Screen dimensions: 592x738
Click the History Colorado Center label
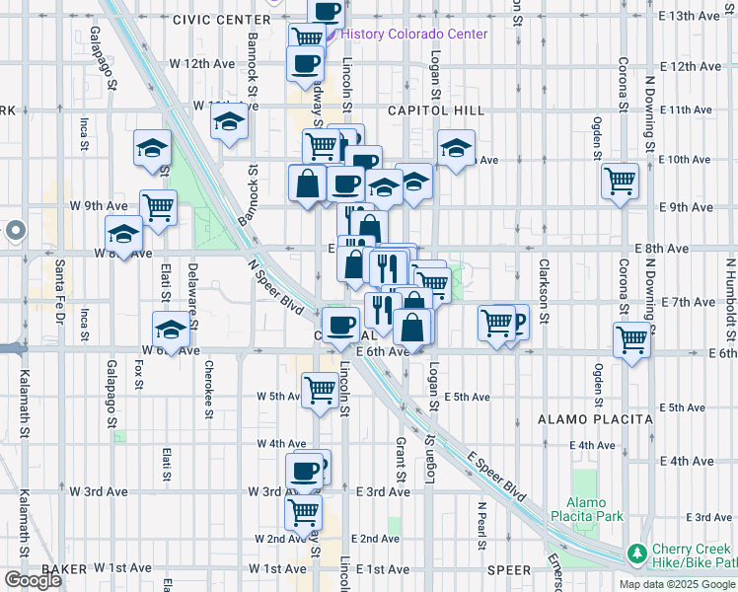[x=414, y=34]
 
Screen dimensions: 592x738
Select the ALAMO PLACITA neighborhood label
[x=595, y=419]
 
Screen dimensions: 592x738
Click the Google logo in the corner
[x=33, y=580]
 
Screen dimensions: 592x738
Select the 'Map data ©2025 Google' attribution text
[x=676, y=584]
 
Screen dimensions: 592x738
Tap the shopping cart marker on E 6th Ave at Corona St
[x=630, y=338]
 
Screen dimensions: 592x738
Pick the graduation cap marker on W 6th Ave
[x=171, y=329]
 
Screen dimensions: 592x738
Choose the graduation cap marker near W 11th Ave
[x=229, y=122]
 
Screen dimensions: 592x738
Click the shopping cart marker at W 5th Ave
[x=320, y=390]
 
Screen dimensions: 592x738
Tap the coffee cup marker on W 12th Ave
[x=305, y=62]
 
